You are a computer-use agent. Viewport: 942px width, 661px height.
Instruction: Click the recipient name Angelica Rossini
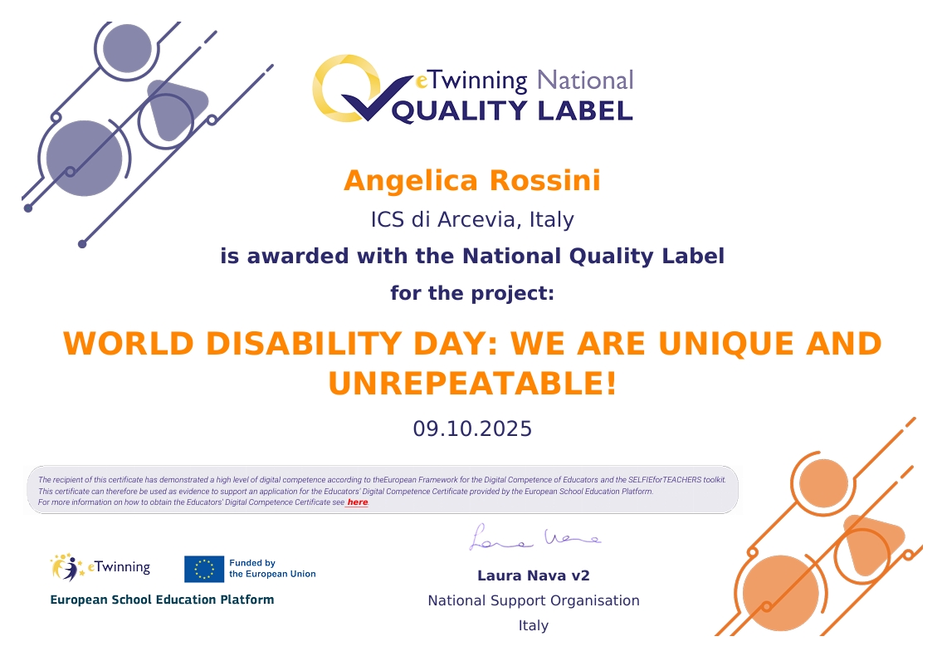pyautogui.click(x=471, y=180)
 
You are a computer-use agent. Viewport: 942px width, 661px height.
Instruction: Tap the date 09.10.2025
pyautogui.click(x=472, y=428)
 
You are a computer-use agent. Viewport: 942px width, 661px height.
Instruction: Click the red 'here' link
pyautogui.click(x=357, y=502)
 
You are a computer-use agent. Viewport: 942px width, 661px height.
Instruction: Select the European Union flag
pyautogui.click(x=204, y=569)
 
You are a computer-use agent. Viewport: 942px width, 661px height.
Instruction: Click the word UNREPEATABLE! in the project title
pyautogui.click(x=472, y=384)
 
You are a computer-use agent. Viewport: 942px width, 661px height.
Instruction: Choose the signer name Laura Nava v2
pyautogui.click(x=533, y=575)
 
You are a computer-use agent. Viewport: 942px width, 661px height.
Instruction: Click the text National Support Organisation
pyautogui.click(x=533, y=600)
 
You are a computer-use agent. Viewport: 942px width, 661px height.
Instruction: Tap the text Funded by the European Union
pyautogui.click(x=271, y=569)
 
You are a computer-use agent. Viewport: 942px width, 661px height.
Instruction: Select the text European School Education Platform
pyautogui.click(x=162, y=600)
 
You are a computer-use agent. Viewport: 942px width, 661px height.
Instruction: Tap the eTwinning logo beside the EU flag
pyautogui.click(x=100, y=568)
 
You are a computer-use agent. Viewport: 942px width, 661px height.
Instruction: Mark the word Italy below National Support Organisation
pyautogui.click(x=533, y=625)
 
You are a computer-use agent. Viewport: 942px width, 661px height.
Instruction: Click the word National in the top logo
pyautogui.click(x=585, y=81)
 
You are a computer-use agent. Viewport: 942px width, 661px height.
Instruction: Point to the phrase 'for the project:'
pyautogui.click(x=471, y=293)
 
